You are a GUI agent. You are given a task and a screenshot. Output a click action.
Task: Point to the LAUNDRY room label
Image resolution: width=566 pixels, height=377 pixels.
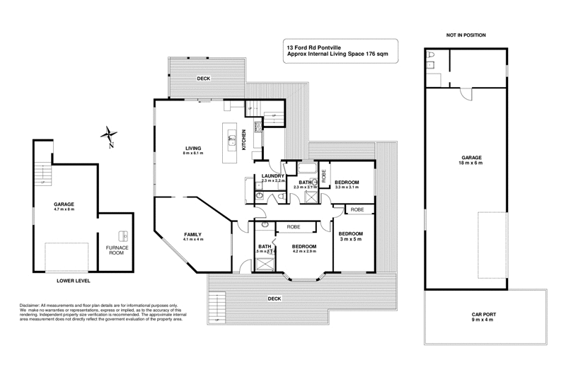272,178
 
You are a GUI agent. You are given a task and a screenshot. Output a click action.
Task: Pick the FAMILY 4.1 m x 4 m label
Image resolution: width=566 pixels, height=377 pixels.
193,236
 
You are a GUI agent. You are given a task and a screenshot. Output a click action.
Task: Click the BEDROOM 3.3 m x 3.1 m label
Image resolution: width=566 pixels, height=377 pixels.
347,185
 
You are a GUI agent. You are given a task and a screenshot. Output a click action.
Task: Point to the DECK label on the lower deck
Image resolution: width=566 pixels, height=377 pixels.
275,298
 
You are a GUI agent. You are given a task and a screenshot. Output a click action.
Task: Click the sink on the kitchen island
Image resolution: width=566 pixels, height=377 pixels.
231,140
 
